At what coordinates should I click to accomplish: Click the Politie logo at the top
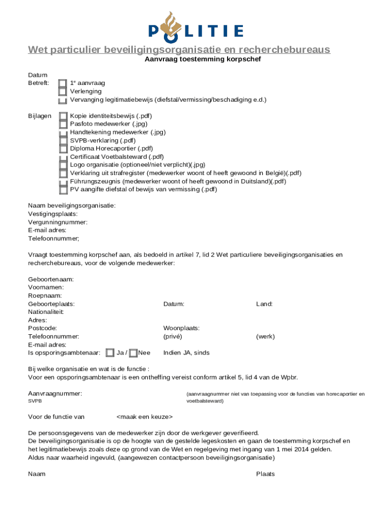pyautogui.click(x=195, y=25)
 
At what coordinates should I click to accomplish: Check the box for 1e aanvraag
pyautogui.click(x=62, y=83)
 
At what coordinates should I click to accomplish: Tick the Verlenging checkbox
pyautogui.click(x=62, y=92)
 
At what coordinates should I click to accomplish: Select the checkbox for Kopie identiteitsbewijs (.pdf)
pyautogui.click(x=63, y=117)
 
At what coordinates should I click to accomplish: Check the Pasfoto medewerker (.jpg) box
pyautogui.click(x=63, y=124)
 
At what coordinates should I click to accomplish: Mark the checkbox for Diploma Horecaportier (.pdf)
pyautogui.click(x=63, y=149)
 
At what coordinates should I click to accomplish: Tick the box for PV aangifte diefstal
pyautogui.click(x=63, y=190)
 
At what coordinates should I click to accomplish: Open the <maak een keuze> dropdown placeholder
pyautogui.click(x=145, y=417)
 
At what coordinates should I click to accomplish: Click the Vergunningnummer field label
pyautogui.click(x=58, y=222)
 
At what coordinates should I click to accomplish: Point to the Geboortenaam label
pyautogui.click(x=51, y=279)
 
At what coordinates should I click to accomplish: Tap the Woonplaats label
pyautogui.click(x=181, y=328)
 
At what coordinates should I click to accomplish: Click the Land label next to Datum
pyautogui.click(x=264, y=304)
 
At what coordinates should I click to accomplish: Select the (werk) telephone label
pyautogui.click(x=265, y=336)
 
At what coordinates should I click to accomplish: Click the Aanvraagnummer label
pyautogui.click(x=54, y=394)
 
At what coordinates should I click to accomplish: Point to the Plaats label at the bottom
pyautogui.click(x=265, y=474)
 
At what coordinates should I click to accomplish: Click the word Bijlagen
pyautogui.click(x=40, y=116)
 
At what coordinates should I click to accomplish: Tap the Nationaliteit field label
pyautogui.click(x=46, y=312)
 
